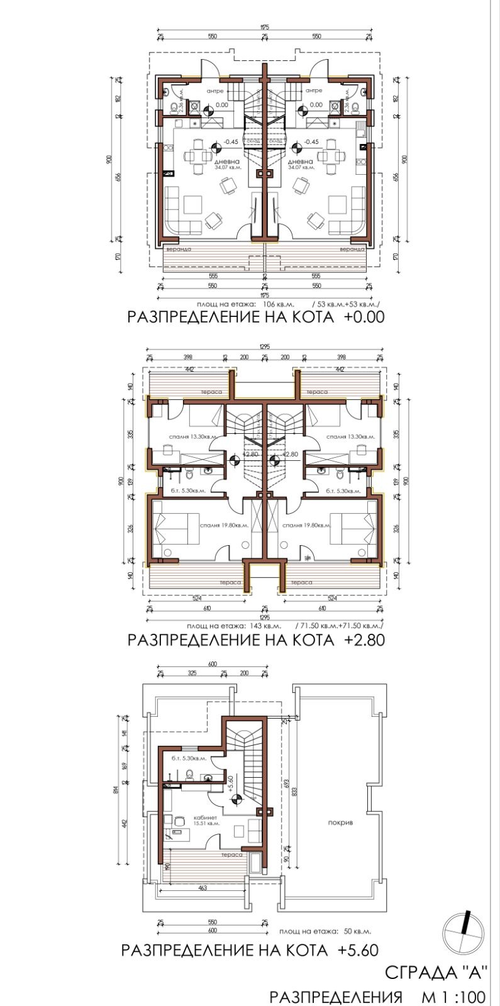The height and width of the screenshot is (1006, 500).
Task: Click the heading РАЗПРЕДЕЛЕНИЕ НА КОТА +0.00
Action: coord(255,316)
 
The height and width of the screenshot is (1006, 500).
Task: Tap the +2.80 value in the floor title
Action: coord(364,640)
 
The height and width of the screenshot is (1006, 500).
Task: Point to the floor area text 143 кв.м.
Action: coord(262,627)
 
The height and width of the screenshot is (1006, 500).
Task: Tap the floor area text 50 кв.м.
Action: coord(357,931)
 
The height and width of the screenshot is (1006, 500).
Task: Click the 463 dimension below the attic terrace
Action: coord(203,888)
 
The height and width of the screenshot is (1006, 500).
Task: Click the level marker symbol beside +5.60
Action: coord(237,800)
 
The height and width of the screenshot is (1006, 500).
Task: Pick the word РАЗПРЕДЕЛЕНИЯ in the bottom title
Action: coord(336,997)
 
